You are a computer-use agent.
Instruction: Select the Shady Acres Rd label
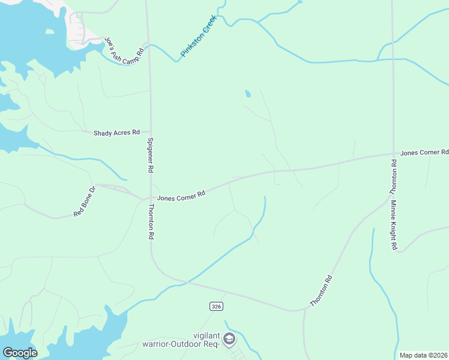(x=116, y=133)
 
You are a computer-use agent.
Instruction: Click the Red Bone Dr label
(x=85, y=202)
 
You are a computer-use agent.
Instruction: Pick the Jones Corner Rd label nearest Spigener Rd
(x=181, y=196)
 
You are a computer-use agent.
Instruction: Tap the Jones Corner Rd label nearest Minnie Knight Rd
(x=424, y=153)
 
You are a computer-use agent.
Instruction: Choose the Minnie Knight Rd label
(x=394, y=225)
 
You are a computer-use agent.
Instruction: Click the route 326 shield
(x=217, y=307)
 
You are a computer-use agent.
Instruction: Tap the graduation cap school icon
(x=228, y=340)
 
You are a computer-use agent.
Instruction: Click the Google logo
(x=20, y=352)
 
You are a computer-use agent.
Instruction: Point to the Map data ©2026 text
(x=423, y=355)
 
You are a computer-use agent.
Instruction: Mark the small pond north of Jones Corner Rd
(x=247, y=94)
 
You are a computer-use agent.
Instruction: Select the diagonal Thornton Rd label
(x=321, y=291)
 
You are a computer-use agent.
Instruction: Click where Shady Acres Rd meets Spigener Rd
(x=149, y=132)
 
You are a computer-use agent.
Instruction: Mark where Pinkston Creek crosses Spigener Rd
(x=149, y=45)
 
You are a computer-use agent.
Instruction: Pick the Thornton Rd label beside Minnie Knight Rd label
(x=394, y=177)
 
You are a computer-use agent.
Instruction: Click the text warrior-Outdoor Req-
(x=179, y=344)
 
